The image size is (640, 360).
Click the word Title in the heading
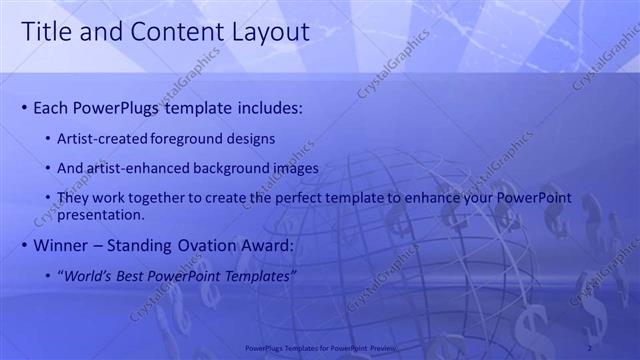pos(45,32)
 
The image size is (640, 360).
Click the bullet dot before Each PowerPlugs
pos(24,107)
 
